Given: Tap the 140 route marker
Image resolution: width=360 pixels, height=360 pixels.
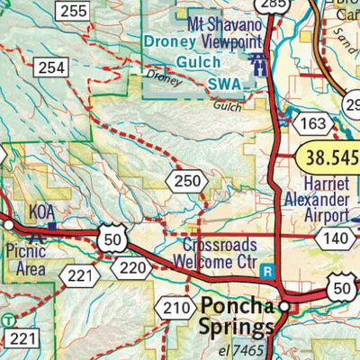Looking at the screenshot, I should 335,238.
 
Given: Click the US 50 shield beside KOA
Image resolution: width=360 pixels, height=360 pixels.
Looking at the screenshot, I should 112,240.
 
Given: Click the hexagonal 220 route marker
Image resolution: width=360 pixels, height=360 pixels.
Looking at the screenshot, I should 130,267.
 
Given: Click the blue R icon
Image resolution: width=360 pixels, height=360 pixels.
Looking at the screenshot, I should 265,269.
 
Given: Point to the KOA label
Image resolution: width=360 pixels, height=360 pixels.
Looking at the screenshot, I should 42,211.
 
